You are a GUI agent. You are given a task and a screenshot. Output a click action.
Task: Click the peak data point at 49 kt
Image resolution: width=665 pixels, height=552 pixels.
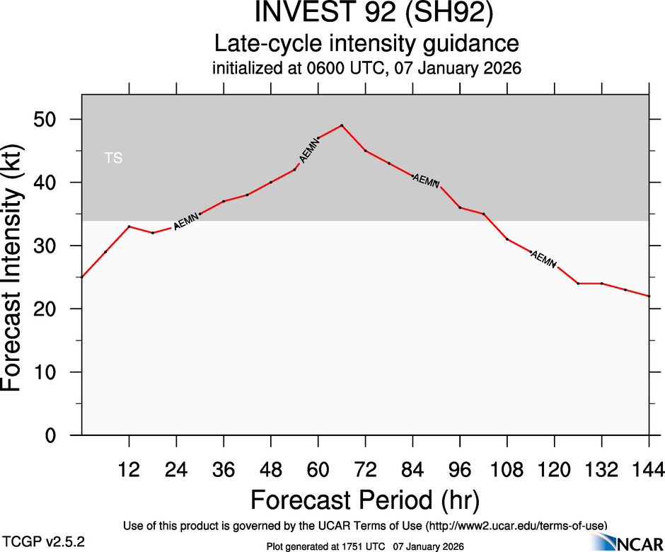pyautogui.click(x=342, y=125)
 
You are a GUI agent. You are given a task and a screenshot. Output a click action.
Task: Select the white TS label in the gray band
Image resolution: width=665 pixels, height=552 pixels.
pyautogui.click(x=113, y=159)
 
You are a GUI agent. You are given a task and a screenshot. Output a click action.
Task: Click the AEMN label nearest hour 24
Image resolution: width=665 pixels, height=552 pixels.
pyautogui.click(x=187, y=220)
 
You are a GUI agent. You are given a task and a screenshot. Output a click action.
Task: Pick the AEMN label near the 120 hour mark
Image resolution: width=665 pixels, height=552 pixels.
pyautogui.click(x=543, y=259)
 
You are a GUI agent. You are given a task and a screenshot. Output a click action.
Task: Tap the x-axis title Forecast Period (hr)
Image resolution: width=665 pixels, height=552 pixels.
pyautogui.click(x=365, y=500)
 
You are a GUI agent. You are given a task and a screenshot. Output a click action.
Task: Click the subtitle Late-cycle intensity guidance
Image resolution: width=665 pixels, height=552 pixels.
pyautogui.click(x=366, y=44)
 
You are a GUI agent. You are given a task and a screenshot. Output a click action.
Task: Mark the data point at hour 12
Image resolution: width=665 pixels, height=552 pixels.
pyautogui.click(x=129, y=226)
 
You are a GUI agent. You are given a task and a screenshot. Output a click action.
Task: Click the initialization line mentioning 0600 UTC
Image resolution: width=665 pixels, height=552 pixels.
pyautogui.click(x=366, y=69)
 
